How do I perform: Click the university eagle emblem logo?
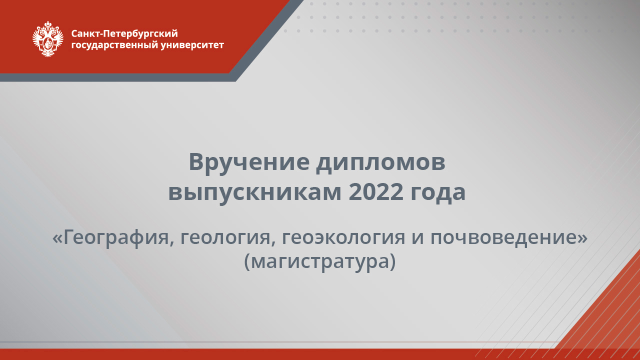(x=48, y=38)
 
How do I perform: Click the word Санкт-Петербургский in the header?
(x=124, y=33)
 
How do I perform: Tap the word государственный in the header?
(x=115, y=45)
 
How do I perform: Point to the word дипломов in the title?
(x=380, y=162)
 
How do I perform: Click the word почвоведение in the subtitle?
(x=503, y=237)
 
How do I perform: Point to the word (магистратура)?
(x=320, y=261)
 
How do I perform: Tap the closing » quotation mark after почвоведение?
(x=582, y=238)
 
